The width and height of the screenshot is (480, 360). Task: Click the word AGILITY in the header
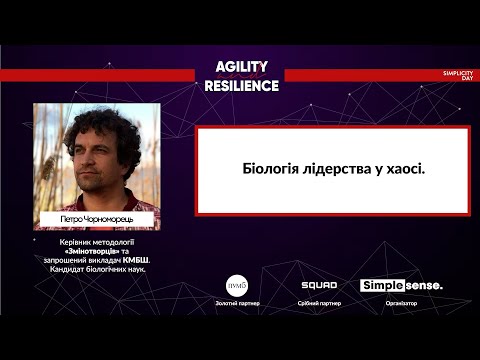coord(242,66)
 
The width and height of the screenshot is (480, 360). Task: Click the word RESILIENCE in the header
coord(241,85)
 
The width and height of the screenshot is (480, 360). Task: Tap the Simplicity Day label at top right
coord(457,75)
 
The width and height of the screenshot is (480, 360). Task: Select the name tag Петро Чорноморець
coord(96,217)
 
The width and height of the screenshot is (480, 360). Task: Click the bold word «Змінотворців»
coord(83,252)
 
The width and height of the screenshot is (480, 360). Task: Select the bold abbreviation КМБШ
coord(147,261)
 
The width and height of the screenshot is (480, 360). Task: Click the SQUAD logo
coord(319,285)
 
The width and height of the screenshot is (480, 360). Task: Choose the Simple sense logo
coord(401,285)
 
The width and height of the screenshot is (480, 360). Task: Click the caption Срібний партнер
coord(320,303)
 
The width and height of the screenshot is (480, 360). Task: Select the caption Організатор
coord(401,303)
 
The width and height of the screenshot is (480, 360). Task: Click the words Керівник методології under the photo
coord(97,243)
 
